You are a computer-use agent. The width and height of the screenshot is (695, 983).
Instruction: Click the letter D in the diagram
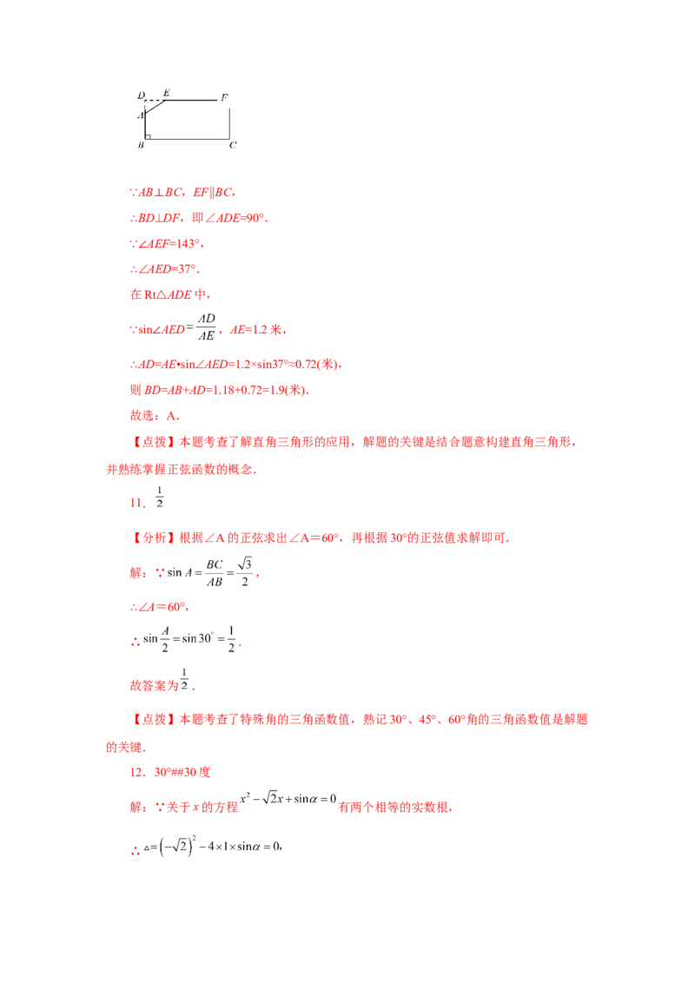click(x=141, y=94)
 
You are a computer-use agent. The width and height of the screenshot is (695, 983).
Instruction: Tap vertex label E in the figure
click(x=166, y=92)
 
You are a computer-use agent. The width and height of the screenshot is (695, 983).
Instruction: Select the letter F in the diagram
click(x=224, y=98)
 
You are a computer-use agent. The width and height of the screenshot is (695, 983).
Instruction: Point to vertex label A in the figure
click(x=139, y=114)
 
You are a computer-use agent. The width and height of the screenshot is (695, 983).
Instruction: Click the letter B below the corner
click(x=141, y=145)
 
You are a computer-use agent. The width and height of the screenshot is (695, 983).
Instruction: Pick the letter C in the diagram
click(x=233, y=145)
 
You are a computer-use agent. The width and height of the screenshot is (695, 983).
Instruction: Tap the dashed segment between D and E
click(x=154, y=100)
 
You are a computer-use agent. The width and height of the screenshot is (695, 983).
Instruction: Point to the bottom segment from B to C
click(x=188, y=138)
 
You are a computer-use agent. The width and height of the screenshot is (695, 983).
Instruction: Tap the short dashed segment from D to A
click(x=145, y=105)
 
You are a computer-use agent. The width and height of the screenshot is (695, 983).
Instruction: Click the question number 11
click(x=133, y=501)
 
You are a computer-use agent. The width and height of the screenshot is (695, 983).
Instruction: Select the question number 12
click(x=134, y=772)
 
